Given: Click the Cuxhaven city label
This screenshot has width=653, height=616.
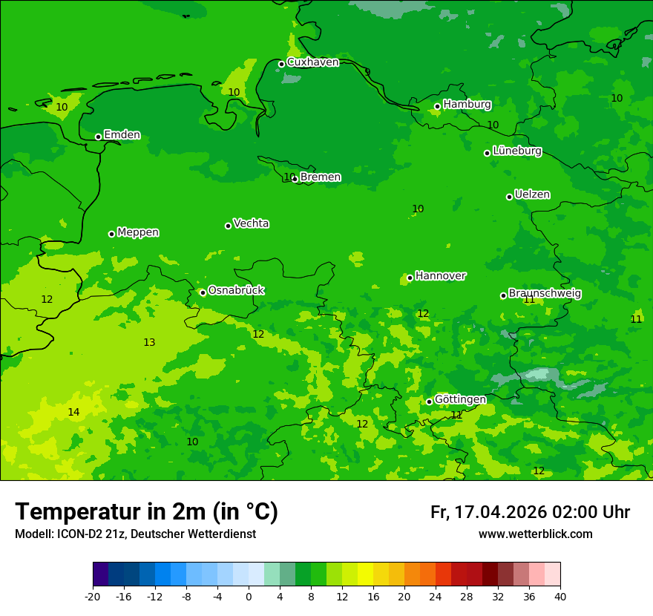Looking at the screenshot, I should (312, 62).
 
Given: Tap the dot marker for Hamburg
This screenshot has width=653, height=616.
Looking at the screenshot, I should (437, 106).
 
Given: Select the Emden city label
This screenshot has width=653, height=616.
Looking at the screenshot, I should (122, 135).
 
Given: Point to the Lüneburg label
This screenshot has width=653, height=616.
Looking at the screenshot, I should (516, 151).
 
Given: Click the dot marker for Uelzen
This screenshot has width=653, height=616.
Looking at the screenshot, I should (509, 197).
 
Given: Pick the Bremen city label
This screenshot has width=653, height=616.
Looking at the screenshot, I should (320, 177).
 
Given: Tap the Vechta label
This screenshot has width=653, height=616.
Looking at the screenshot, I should (251, 223).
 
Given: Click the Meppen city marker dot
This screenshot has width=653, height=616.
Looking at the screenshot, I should (111, 234).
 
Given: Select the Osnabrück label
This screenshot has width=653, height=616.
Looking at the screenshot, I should (236, 290).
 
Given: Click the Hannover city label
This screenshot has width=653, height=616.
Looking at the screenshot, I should (440, 276).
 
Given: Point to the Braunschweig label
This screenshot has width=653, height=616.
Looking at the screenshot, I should (545, 294).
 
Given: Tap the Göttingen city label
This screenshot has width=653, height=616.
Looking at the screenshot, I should (460, 399).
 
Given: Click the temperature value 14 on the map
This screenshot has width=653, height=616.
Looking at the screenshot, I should (73, 412).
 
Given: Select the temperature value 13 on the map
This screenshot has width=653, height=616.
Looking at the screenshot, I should (149, 342).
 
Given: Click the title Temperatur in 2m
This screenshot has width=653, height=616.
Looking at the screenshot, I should (146, 511).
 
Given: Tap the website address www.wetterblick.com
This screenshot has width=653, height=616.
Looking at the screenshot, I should (535, 534).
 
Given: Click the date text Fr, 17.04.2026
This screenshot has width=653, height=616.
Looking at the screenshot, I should (488, 512).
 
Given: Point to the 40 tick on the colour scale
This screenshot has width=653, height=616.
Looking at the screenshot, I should (560, 596).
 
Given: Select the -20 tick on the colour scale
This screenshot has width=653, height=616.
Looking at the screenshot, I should (93, 596).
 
